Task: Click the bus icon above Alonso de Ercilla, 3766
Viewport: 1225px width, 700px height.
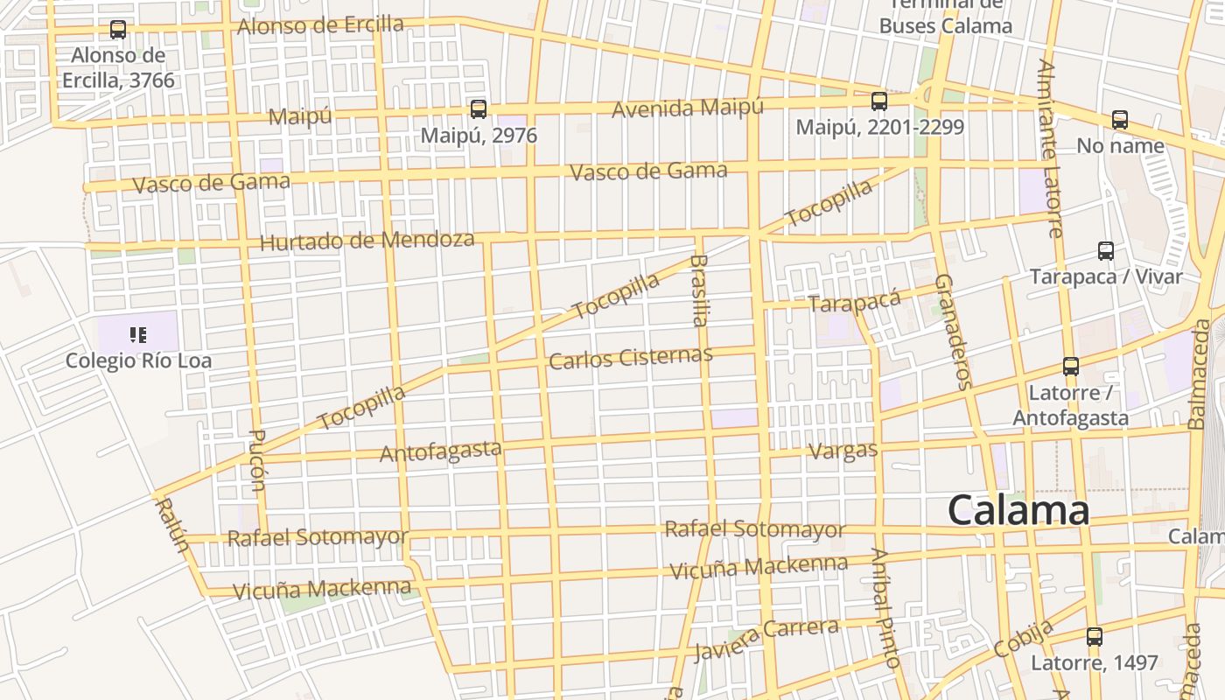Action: (118, 30)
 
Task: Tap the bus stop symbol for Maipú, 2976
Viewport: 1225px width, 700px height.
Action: (478, 109)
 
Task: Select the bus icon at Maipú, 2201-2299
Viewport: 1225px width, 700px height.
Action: (879, 101)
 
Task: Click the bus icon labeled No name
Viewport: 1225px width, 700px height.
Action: (1120, 120)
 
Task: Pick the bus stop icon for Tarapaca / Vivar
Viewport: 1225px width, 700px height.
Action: (1106, 252)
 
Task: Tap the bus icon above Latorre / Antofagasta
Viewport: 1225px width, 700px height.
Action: (1071, 367)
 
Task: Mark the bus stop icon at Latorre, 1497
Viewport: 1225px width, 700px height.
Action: (1094, 637)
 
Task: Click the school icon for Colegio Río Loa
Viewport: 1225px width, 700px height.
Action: (137, 334)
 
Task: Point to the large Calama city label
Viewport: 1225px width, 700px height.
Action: (1018, 510)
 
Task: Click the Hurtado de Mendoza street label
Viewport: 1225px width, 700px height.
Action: (367, 241)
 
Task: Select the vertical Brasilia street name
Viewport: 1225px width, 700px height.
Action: (698, 290)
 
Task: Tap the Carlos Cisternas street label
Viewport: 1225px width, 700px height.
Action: (630, 358)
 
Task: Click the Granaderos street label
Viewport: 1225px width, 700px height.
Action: (954, 331)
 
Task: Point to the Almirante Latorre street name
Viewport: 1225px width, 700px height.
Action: (1051, 149)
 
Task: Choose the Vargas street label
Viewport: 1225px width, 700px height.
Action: (843, 451)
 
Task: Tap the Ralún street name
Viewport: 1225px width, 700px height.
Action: (171, 524)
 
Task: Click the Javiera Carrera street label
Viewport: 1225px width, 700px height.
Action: (766, 640)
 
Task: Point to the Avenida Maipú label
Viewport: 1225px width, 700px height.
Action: (687, 108)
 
